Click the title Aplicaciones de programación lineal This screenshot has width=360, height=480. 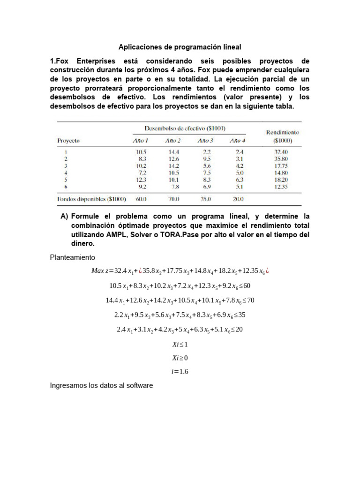coord(180,47)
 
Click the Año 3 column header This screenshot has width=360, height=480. coord(205,140)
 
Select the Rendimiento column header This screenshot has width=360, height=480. coord(282,133)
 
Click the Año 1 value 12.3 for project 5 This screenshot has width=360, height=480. coord(141,179)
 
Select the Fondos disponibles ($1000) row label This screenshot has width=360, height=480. coord(91,199)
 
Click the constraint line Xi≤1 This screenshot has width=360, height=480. coord(180,344)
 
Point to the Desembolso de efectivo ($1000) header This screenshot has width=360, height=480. coord(184,127)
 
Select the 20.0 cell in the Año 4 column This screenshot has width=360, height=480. coord(238,199)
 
